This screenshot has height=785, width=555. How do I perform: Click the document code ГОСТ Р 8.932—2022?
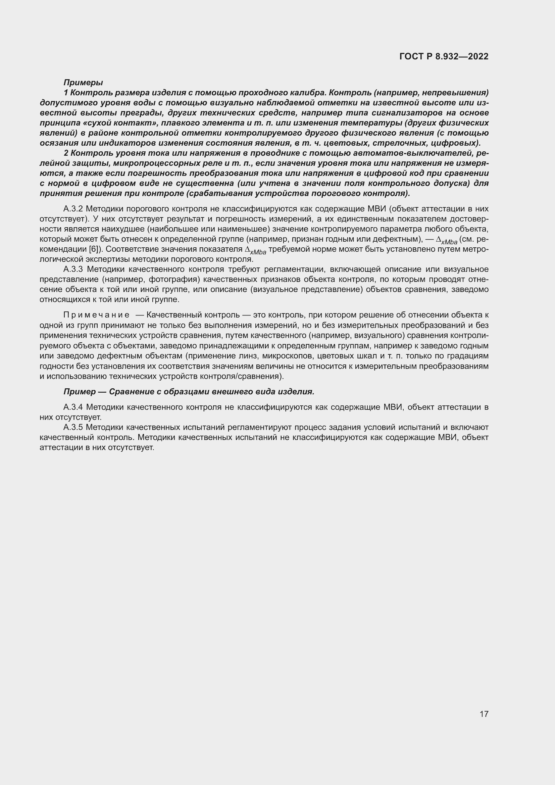(444, 56)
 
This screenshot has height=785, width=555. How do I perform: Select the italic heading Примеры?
(83, 83)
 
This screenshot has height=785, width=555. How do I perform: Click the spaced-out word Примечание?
(96, 315)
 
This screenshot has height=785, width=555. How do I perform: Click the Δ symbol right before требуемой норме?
(248, 249)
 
